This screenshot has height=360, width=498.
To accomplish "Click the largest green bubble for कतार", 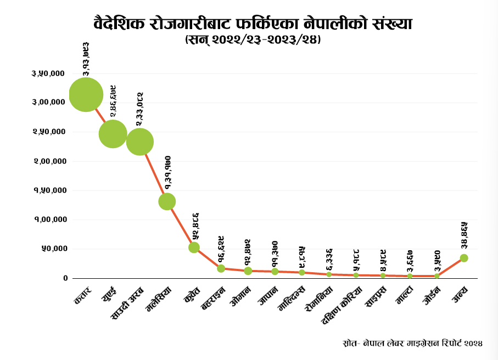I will coord(86,94).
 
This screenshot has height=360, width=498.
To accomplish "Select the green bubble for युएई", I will coord(113,134).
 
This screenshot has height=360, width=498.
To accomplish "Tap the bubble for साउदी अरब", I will coord(140,142).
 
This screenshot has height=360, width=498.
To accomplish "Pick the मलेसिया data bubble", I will coord(167,201).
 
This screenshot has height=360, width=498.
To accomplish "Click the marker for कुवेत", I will coord(194,248).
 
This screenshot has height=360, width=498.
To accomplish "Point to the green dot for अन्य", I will coord(464,258).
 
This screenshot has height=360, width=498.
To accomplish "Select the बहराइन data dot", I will coord(221,268).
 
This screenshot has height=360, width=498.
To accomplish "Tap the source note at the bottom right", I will coord(411,344).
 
